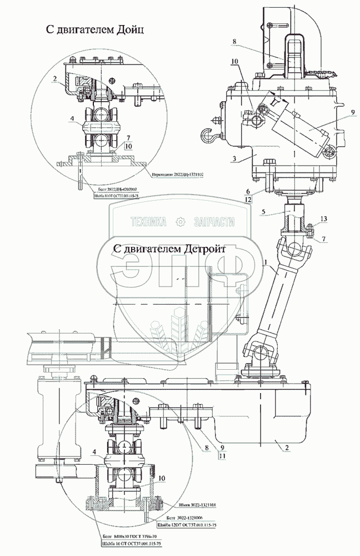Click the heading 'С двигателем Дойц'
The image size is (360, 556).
(95, 30)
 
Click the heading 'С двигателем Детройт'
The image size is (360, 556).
(168, 249)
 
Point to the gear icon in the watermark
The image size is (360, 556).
(179, 222)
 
